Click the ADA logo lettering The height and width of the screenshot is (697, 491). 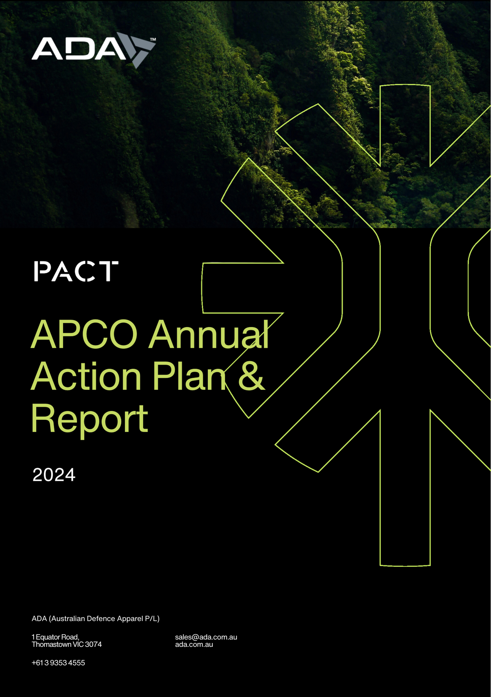coord(79,49)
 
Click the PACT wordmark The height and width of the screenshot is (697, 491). coord(76,271)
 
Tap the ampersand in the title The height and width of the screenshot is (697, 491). coord(251,376)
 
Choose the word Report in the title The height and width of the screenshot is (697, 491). coord(90,420)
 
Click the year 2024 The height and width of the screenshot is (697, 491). coord(54,475)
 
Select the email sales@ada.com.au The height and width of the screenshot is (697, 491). coord(206,637)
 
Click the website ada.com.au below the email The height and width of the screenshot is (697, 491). coord(194,644)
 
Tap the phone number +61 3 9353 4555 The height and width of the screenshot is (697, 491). coord(58,663)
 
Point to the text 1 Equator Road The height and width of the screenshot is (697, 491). coord(55,637)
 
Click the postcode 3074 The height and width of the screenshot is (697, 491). coord(93,644)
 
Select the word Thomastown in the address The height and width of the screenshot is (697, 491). coord(52,644)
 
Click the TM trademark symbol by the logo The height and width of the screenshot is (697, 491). coord(153,40)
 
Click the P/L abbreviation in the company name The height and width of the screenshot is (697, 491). coord(152,619)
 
